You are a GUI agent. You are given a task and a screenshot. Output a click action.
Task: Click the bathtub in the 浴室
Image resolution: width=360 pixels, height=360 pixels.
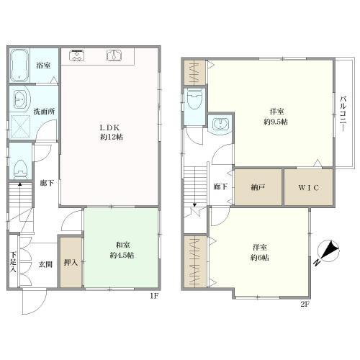coord(19,65)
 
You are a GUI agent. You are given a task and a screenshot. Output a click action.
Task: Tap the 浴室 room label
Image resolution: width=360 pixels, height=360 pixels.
coord(43,66)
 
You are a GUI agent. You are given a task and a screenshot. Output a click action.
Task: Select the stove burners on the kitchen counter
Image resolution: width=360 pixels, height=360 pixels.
coord(76,55)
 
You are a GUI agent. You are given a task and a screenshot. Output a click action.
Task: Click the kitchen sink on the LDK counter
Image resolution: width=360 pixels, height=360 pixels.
coord(114,55)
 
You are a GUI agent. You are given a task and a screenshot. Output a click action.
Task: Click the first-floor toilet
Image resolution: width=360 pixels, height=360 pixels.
coord(20,170)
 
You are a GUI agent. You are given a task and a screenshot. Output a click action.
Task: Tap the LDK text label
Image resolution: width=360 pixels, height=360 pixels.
coord(109,127)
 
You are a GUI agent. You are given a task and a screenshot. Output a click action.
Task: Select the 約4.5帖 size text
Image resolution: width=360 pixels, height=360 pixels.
coord(122,256)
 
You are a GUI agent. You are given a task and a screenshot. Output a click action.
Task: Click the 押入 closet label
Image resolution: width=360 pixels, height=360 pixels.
coord(71,263)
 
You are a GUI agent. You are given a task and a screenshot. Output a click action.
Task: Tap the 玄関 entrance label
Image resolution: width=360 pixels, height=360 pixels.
coord(45,265)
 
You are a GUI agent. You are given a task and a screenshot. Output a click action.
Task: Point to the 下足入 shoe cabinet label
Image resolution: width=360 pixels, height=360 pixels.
coord(13,261)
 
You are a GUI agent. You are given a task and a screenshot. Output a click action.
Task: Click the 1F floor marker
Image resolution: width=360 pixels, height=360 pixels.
coord(154,296)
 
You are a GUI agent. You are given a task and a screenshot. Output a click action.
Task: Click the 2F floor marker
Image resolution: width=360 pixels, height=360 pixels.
coord(305,305)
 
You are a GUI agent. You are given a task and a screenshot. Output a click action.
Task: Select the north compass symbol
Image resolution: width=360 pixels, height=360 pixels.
coord(328,252)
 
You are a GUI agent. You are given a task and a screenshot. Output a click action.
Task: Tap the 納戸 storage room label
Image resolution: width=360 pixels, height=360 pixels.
coord(258,187)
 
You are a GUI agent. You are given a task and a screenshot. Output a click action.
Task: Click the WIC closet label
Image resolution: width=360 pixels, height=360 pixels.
coord(309,187)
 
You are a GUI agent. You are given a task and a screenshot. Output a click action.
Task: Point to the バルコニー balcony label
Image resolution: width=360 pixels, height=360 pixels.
coord(343,114)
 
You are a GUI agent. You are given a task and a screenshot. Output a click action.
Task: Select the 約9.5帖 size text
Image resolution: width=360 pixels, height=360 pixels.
coord(276,122)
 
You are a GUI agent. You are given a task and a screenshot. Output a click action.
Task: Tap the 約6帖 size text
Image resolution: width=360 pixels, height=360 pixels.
coord(260,258)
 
